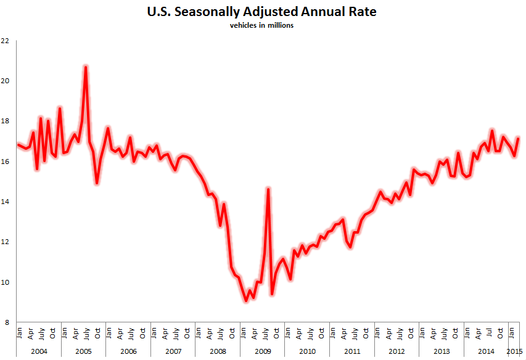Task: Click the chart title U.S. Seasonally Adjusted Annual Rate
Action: (x=261, y=12)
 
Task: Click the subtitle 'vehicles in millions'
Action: (x=261, y=26)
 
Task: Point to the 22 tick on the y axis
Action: (x=6, y=41)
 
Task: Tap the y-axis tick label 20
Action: (x=6, y=81)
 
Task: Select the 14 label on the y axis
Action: (x=6, y=202)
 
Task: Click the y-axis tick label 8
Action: (x=7, y=322)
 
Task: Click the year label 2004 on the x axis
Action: (x=38, y=351)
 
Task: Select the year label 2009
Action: (x=263, y=351)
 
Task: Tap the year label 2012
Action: (x=397, y=351)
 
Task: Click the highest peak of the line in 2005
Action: (x=86, y=66)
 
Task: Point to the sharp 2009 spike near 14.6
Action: (x=268, y=189)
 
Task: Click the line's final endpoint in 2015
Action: (x=519, y=138)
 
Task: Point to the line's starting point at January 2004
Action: (x=18, y=144)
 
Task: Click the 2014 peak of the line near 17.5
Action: (x=492, y=130)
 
